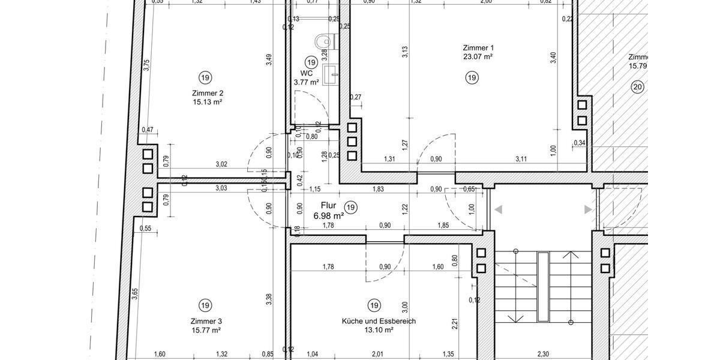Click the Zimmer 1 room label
478,47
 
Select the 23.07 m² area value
478,57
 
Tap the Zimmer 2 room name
208,93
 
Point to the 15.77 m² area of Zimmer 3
206,331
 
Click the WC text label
306,73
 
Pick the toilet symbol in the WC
323,41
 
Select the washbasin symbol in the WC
329,74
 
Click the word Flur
328,205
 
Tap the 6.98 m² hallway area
329,215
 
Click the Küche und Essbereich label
379,321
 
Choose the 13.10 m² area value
379,330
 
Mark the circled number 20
637,88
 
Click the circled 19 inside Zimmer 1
472,77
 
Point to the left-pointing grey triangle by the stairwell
498,209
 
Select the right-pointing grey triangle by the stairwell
588,209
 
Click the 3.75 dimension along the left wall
146,65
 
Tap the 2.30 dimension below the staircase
542,354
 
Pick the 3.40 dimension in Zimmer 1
553,58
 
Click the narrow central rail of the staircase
543,287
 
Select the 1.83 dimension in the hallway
378,189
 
